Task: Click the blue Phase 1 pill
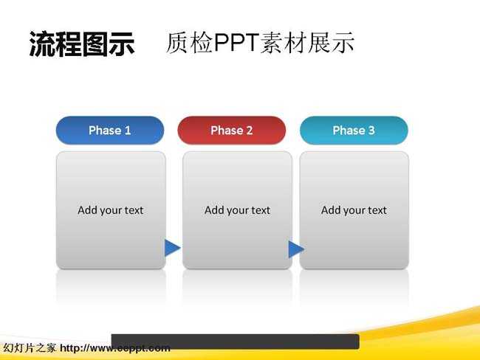[x=110, y=131]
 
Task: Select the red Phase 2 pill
[x=231, y=131]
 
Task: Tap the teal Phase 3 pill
[x=354, y=131]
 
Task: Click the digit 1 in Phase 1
[x=128, y=131]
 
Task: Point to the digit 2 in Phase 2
[x=250, y=131]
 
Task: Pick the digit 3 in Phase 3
[x=371, y=131]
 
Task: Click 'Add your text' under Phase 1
[x=111, y=210]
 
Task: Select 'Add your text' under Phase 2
[x=237, y=210]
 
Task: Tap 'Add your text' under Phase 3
[x=354, y=210]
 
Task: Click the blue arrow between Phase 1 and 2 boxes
[x=172, y=248]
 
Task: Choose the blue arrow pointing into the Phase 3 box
[x=296, y=249]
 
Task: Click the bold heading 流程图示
[x=82, y=44]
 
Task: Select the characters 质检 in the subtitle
[x=190, y=43]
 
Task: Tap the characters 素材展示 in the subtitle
[x=307, y=43]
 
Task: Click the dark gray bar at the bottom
[x=235, y=342]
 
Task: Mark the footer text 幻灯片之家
[x=30, y=348]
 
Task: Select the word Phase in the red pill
[x=227, y=131]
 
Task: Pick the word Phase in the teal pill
[x=349, y=131]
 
